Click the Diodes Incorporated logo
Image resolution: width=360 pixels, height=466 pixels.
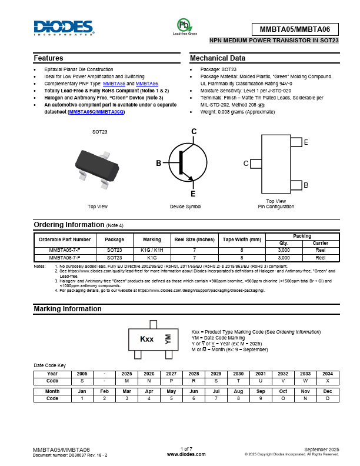coord(63,28)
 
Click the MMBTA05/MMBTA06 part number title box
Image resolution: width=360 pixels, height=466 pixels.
coord(295,29)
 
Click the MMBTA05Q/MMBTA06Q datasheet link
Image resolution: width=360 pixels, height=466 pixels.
coord(96,111)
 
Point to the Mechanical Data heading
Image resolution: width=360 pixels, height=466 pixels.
coord(218,59)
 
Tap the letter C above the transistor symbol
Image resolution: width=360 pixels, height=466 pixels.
coord(194,131)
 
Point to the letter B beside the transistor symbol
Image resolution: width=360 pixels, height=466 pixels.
coord(158,163)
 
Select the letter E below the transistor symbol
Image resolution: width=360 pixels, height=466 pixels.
coord(193,194)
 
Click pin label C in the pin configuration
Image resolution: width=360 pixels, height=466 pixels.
coord(246,163)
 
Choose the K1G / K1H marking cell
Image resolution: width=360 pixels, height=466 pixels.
coord(152,250)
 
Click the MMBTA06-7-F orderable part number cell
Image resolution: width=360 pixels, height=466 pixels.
coord(65,258)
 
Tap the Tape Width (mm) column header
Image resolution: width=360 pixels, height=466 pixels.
coord(241,239)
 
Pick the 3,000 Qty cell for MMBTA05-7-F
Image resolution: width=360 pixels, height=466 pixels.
coord(284,250)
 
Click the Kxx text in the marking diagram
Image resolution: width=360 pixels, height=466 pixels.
coord(146,339)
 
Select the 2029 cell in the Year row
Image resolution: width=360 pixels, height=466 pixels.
coord(216,374)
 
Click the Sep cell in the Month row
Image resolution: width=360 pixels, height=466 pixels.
coord(261,391)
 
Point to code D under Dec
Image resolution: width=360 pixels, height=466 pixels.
coord(328,398)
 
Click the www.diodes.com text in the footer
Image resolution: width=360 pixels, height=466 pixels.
coord(186,454)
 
